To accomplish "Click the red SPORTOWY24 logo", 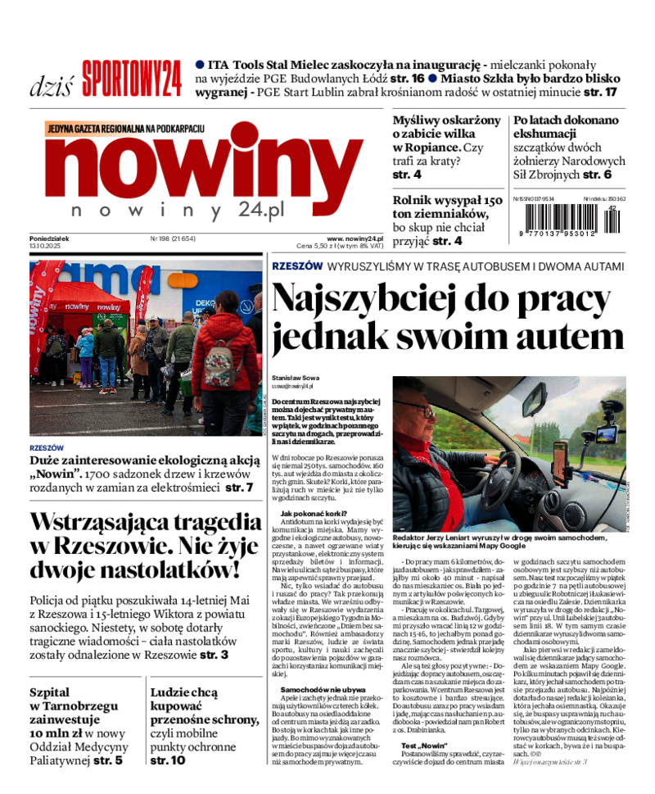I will tap(131, 79).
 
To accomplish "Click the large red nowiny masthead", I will tap(204, 163).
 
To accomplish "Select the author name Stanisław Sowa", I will tap(296, 378).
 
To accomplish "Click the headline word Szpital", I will tap(50, 692).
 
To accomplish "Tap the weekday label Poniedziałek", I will tap(49, 238).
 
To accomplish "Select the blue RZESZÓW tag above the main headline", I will tap(296, 266).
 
